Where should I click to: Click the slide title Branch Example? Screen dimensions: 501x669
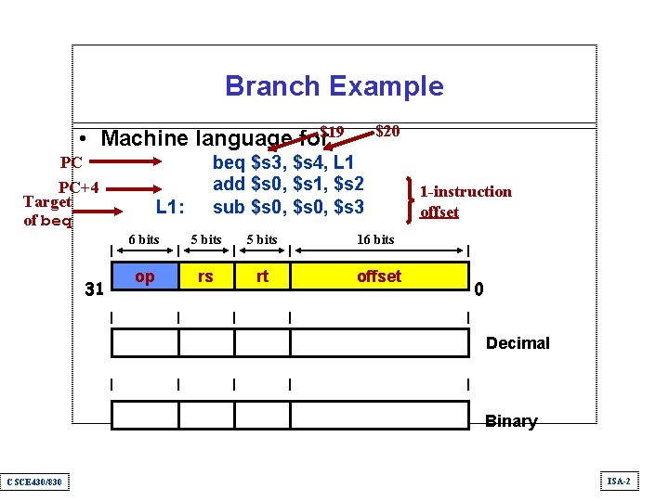coord(334,86)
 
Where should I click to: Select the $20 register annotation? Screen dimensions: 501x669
coord(387,131)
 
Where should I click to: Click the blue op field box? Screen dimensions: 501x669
coord(145,276)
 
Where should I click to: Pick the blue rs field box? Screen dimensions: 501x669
coord(205,276)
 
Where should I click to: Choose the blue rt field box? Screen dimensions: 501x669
coord(262,276)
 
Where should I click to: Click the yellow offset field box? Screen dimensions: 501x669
coord(379,276)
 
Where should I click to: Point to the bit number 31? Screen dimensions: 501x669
coord(94,289)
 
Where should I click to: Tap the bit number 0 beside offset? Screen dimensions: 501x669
coord(479,289)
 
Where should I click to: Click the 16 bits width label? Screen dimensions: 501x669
coord(375,239)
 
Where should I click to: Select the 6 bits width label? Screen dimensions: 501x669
coord(143,239)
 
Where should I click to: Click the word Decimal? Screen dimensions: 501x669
coord(518,343)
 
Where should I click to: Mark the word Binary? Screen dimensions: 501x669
coord(511,421)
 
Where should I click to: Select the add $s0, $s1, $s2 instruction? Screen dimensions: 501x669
coord(288,184)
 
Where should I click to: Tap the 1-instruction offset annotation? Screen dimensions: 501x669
coord(465,201)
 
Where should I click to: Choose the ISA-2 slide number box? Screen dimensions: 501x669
coord(619,481)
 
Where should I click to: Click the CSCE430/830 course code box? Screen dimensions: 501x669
coord(33,481)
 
